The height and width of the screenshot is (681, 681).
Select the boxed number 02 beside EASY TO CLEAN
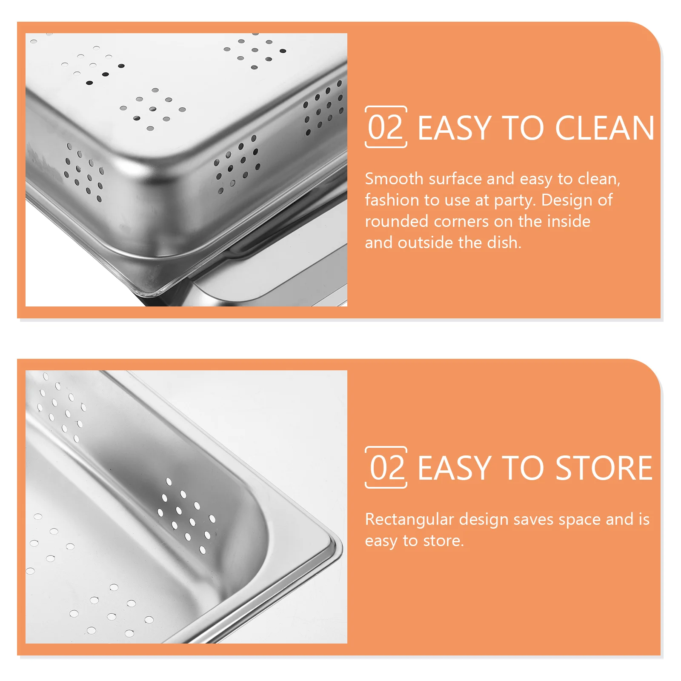386,127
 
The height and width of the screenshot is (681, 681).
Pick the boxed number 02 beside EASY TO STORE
386,467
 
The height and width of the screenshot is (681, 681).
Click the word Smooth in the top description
394,179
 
